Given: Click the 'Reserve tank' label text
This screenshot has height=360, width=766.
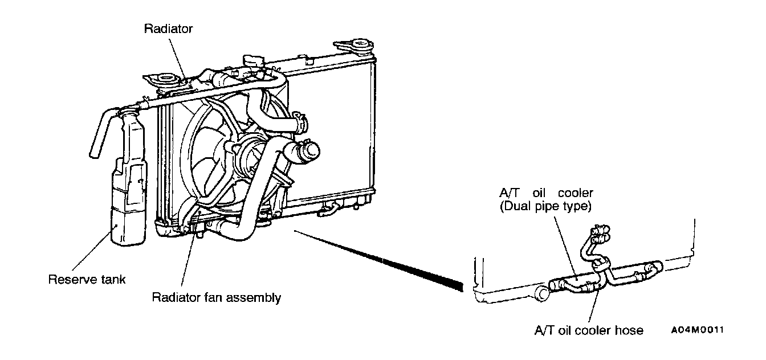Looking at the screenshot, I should (87, 280).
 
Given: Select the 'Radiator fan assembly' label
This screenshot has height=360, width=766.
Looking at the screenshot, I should (216, 297).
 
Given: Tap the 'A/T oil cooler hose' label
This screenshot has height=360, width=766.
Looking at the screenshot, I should (589, 330).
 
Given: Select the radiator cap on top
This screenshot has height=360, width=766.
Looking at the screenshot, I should (249, 61).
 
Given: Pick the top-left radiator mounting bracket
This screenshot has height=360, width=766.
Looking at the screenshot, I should (162, 80).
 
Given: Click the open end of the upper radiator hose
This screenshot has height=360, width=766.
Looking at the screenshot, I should (311, 152).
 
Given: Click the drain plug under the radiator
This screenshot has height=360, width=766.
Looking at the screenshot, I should (199, 231).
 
